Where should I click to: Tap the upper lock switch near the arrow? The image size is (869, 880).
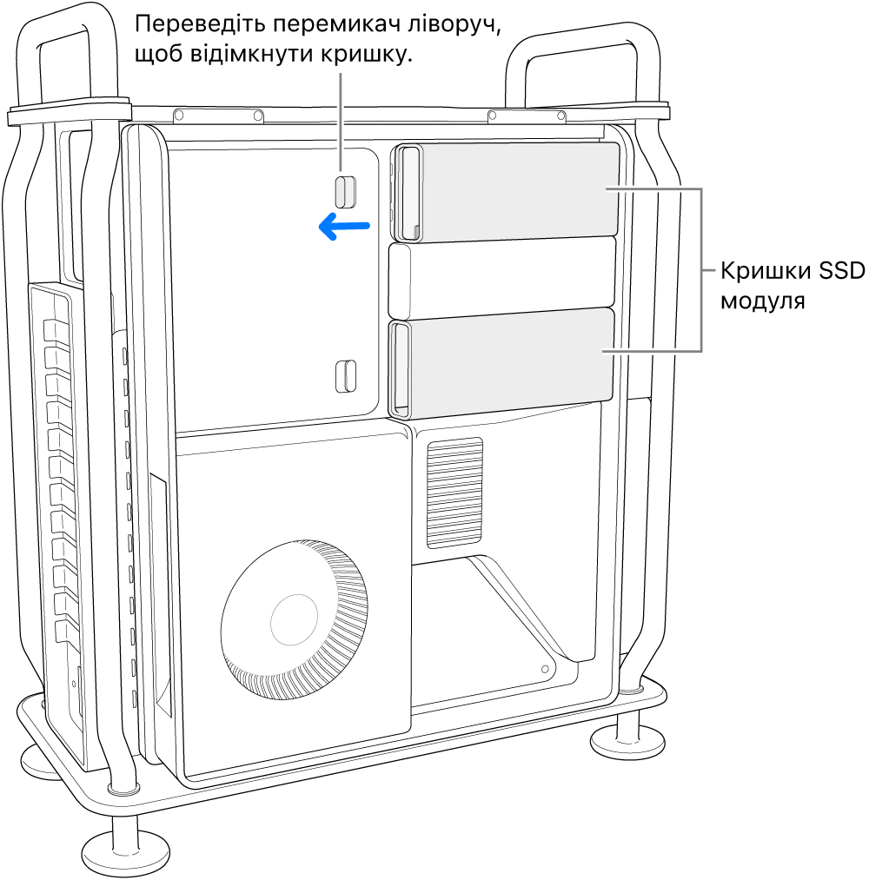pos(346,191)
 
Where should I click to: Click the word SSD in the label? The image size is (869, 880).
pos(838,272)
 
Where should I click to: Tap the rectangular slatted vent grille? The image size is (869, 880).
pos(454,493)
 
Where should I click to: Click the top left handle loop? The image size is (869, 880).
pos(69,52)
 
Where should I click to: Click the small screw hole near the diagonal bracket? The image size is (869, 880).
pos(545,670)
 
